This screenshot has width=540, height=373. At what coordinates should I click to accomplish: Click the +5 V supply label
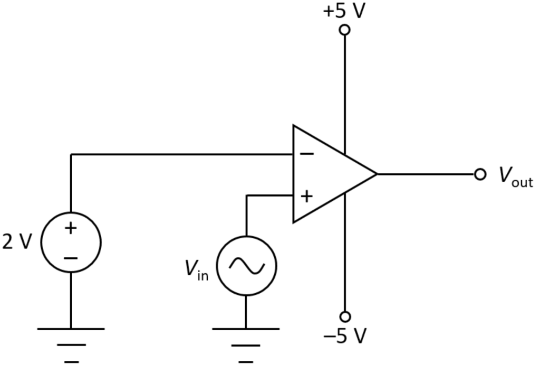pyautogui.click(x=344, y=11)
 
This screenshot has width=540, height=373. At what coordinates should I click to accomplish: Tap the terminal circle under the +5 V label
pyautogui.click(x=344, y=30)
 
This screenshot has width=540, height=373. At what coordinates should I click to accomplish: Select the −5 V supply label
pyautogui.click(x=344, y=336)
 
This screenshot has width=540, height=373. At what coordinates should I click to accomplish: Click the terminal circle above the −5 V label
pyautogui.click(x=345, y=316)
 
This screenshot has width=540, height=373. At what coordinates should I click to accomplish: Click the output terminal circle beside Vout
pyautogui.click(x=480, y=174)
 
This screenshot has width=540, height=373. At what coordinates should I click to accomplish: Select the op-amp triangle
pyautogui.click(x=327, y=174)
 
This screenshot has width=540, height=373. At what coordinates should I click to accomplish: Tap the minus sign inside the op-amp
pyautogui.click(x=306, y=154)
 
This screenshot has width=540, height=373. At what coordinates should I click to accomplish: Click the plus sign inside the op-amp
pyautogui.click(x=306, y=196)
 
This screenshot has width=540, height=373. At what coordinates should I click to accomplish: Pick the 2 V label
pyautogui.click(x=17, y=242)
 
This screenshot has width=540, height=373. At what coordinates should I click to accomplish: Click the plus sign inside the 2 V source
pyautogui.click(x=71, y=228)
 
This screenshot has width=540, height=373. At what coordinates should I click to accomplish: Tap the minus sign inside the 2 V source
pyautogui.click(x=71, y=258)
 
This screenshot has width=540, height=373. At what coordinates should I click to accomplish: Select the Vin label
pyautogui.click(x=197, y=269)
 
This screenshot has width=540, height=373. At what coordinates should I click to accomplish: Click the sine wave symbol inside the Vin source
pyautogui.click(x=246, y=266)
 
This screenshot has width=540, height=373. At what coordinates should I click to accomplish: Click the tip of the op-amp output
pyautogui.click(x=376, y=174)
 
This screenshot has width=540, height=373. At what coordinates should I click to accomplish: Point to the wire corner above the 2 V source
pyautogui.click(x=71, y=155)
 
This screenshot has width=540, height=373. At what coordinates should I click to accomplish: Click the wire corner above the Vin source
pyautogui.click(x=246, y=196)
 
